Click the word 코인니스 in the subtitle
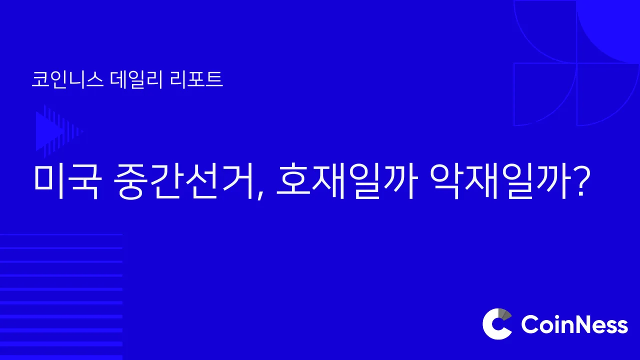pos(67,79)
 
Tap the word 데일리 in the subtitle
pos(136,79)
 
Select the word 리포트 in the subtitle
pos(196,79)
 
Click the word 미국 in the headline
pos(67,181)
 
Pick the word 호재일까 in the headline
pos(345,181)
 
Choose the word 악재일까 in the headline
pos(499,181)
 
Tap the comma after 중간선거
pos(260,195)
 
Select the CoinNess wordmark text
pos(574,324)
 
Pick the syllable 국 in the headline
pos(86,181)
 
